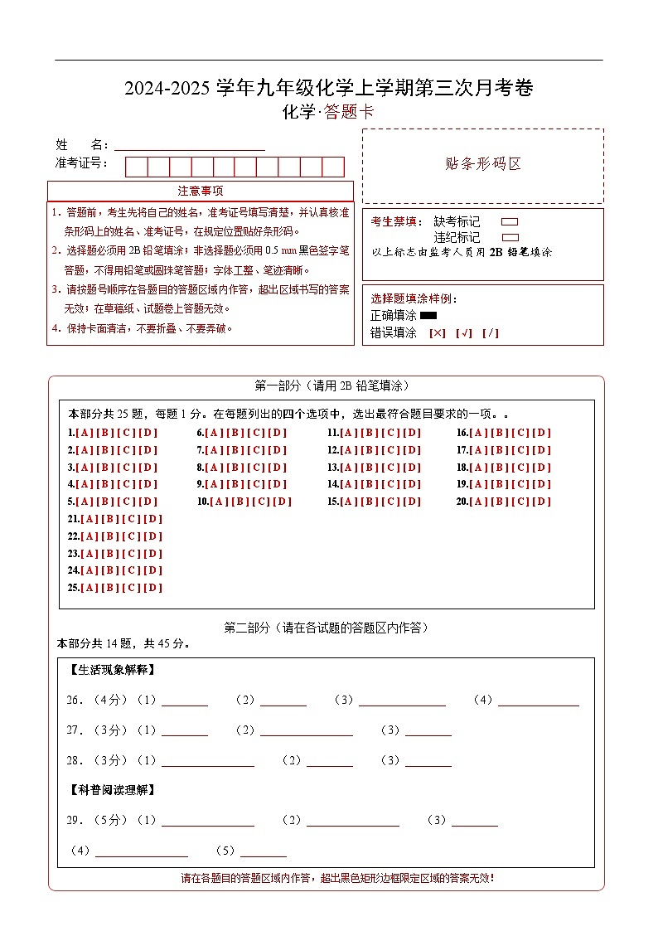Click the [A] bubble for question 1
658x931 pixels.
(84, 433)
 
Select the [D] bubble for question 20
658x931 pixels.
(541, 502)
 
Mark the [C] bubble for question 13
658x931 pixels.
(390, 468)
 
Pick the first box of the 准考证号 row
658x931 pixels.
(136, 167)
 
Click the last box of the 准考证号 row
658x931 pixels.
(333, 167)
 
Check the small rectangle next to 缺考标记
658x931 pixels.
(510, 222)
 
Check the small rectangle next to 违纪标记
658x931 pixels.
(510, 237)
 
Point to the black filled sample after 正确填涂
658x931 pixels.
(428, 315)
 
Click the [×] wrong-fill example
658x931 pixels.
(438, 333)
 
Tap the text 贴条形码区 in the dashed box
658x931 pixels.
(483, 164)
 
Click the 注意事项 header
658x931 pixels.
(200, 192)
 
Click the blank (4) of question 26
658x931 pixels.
(538, 701)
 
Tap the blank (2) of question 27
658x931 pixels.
(306, 730)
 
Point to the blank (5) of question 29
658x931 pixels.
(263, 851)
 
